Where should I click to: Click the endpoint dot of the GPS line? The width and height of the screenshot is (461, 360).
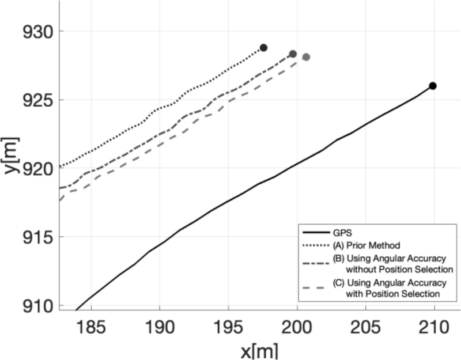tap(433, 86)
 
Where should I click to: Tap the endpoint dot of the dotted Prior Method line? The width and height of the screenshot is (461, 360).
tap(264, 48)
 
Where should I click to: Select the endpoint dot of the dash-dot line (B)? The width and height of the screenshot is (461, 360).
tap(293, 54)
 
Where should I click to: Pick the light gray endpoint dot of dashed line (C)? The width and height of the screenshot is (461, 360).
tap(306, 57)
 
